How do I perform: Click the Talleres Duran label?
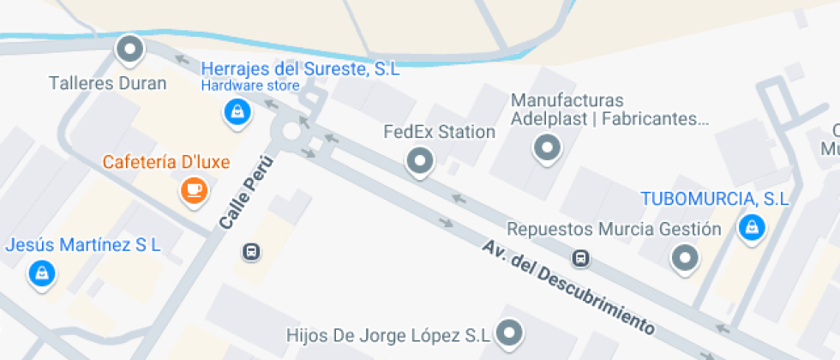107,84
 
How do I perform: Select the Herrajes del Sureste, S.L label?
300,69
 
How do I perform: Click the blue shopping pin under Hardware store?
237,111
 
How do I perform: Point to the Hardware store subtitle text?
250,86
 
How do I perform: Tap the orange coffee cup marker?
195,189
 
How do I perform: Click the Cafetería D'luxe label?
166,162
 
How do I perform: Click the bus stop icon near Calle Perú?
252,251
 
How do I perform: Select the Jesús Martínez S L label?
83,245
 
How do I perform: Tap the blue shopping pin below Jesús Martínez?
40,273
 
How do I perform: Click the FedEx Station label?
439,132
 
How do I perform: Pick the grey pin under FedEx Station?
419,159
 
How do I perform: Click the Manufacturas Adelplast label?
609,110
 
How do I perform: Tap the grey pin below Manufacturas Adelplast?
545,149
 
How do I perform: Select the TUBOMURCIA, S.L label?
715,199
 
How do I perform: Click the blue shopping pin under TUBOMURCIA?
752,227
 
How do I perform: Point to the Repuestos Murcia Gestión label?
614,229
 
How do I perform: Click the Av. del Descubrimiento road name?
568,286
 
